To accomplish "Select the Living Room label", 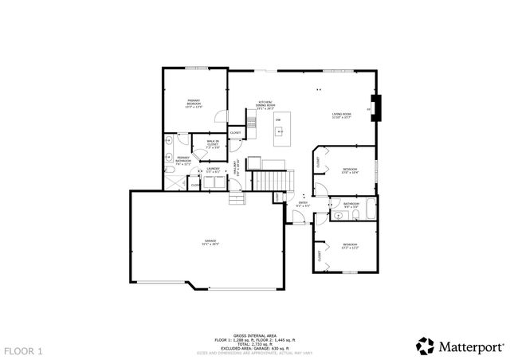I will click(343, 116).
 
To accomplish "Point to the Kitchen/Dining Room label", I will click(265, 104).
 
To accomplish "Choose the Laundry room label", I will click(213, 170).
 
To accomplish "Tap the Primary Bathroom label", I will click(183, 159).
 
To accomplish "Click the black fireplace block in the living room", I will click(378, 108).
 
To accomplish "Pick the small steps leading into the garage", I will click(237, 198).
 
